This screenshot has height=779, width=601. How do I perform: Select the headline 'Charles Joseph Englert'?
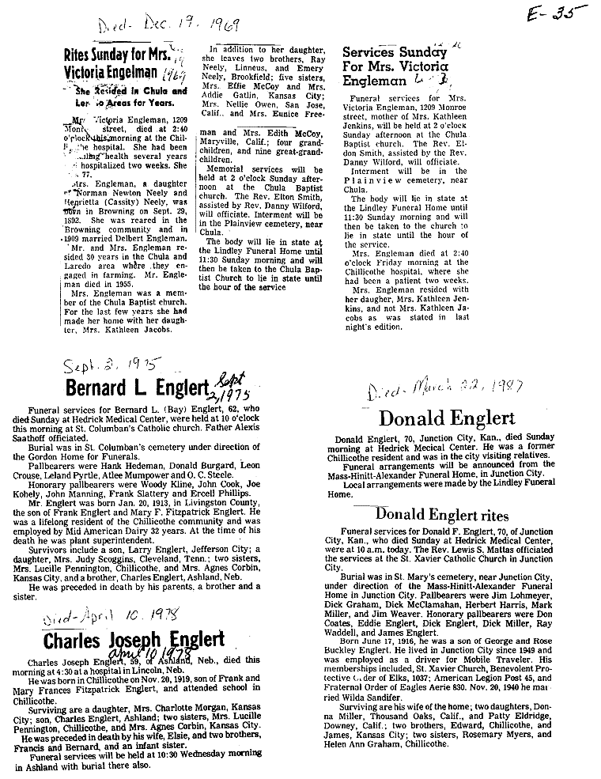[134, 639]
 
